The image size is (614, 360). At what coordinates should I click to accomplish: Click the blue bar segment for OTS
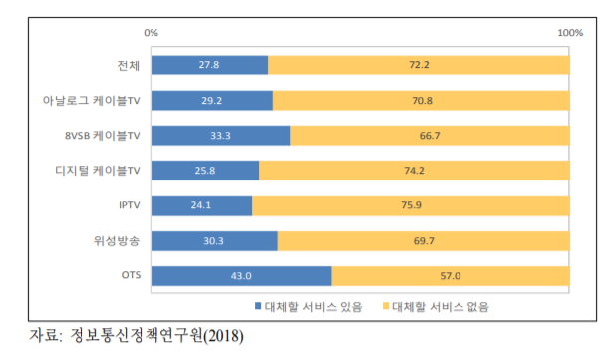click(x=239, y=275)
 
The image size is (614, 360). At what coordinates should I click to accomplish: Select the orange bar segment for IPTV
click(x=411, y=205)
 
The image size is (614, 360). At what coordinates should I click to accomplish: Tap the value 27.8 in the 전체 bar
click(x=209, y=65)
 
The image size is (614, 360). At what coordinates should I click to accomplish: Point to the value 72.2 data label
click(x=419, y=65)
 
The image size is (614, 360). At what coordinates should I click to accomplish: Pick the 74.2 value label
click(x=415, y=171)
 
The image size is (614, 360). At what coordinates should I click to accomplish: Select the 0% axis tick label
click(x=152, y=33)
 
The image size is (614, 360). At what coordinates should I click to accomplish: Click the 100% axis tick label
click(x=569, y=33)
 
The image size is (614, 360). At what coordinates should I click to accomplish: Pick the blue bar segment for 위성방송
click(x=214, y=240)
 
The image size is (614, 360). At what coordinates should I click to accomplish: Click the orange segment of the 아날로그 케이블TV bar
click(x=421, y=101)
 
